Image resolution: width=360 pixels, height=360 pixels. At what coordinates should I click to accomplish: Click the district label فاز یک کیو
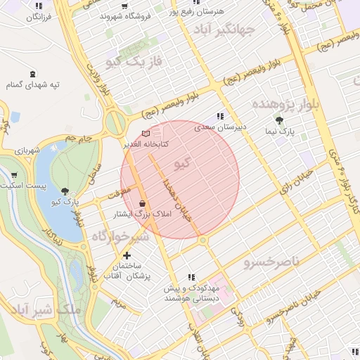[134, 62]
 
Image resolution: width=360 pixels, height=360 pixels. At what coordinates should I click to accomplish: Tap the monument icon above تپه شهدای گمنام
[32, 74]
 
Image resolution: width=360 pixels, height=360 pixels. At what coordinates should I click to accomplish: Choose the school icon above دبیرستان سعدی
[220, 117]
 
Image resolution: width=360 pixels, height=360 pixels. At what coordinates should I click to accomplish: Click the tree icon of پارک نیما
[280, 120]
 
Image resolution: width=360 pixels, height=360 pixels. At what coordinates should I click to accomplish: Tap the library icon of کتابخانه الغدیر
[146, 133]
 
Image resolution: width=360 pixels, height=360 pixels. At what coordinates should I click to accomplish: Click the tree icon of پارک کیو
[65, 191]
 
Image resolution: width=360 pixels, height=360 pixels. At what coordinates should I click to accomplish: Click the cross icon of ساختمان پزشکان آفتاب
[127, 256]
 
